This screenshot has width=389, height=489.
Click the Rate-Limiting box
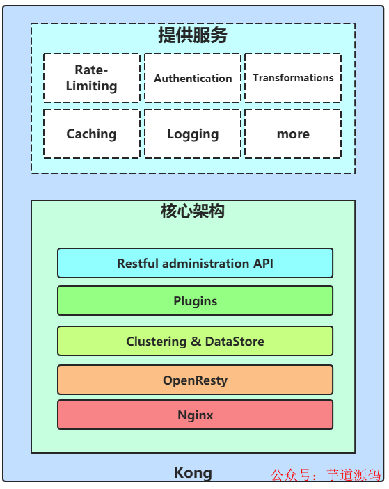click(91, 78)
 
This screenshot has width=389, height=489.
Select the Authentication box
click(193, 78)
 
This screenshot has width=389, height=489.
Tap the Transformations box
click(293, 78)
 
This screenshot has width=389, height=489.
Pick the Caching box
click(91, 134)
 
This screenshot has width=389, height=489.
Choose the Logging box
click(193, 134)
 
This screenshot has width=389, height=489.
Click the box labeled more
click(293, 134)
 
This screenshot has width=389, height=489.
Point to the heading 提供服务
click(193, 36)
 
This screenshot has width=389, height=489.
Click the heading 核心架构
click(193, 211)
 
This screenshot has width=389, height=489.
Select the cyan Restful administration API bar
click(195, 263)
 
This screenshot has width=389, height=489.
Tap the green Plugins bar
click(195, 300)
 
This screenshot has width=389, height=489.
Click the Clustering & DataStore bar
click(195, 341)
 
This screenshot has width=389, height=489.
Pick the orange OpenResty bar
click(195, 380)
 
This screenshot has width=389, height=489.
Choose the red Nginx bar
click(195, 415)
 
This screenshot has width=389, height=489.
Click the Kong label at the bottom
click(193, 473)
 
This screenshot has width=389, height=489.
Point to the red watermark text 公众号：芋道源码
click(326, 476)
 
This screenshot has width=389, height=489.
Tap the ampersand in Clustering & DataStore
click(198, 342)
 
